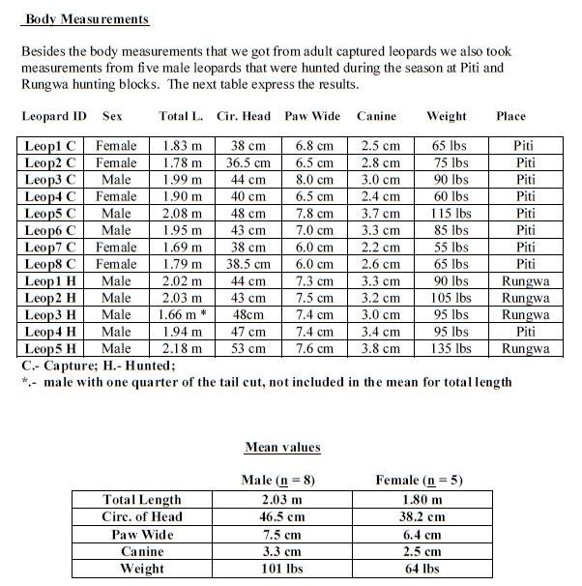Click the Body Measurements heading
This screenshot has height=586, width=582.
[87, 18]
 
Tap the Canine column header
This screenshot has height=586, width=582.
[376, 116]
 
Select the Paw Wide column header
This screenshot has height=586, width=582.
[312, 116]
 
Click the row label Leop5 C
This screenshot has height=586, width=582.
[51, 213]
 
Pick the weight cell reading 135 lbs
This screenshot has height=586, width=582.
[450, 347]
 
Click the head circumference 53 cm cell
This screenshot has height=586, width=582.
[247, 347]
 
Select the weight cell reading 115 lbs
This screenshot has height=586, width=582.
[450, 213]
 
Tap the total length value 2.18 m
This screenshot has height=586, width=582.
[181, 347]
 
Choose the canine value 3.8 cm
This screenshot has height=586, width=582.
[379, 347]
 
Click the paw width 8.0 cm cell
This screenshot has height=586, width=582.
[314, 179]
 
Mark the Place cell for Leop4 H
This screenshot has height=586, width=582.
[525, 331]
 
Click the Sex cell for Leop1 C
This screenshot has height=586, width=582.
[116, 146]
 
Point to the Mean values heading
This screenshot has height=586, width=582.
[282, 447]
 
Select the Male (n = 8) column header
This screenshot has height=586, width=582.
[278, 480]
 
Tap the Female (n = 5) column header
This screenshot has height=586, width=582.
[419, 480]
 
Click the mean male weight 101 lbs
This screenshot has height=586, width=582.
[278, 569]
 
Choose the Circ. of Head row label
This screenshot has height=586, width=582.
[141, 516]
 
